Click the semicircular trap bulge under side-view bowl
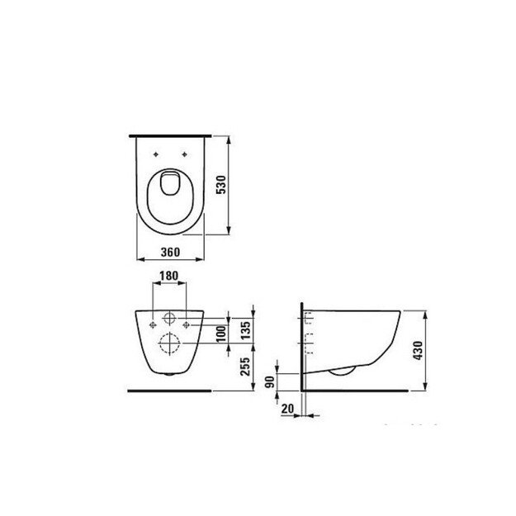(x=339, y=369)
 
